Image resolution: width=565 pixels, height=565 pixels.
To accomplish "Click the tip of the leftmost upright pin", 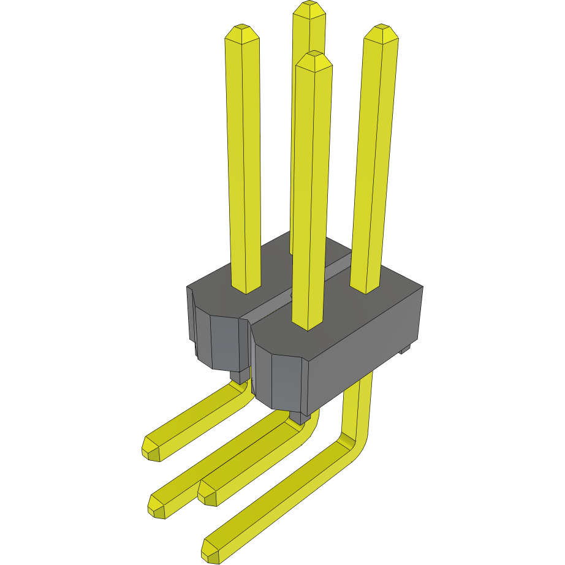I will [x=242, y=29].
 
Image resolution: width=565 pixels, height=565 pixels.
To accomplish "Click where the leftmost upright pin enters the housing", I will [x=246, y=288].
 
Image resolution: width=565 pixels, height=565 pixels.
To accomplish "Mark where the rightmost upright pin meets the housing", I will [x=365, y=289].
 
